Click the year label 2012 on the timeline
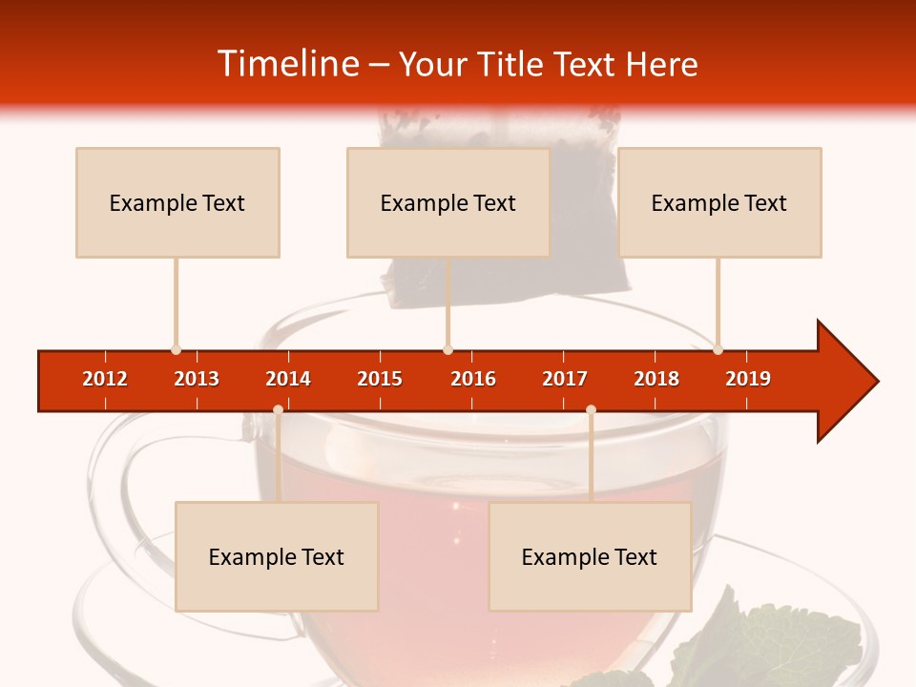105,379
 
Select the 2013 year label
197,379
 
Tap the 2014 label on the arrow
288,379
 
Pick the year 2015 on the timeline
380,379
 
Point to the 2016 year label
473,379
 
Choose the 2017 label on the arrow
565,379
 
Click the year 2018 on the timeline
656,379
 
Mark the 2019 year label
748,379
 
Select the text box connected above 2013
177,202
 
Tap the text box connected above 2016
448,202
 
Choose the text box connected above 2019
719,202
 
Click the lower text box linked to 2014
277,556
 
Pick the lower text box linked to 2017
590,556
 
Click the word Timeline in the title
286,64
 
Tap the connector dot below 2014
278,409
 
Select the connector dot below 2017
591,409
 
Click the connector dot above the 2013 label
176,350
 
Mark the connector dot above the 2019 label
718,350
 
